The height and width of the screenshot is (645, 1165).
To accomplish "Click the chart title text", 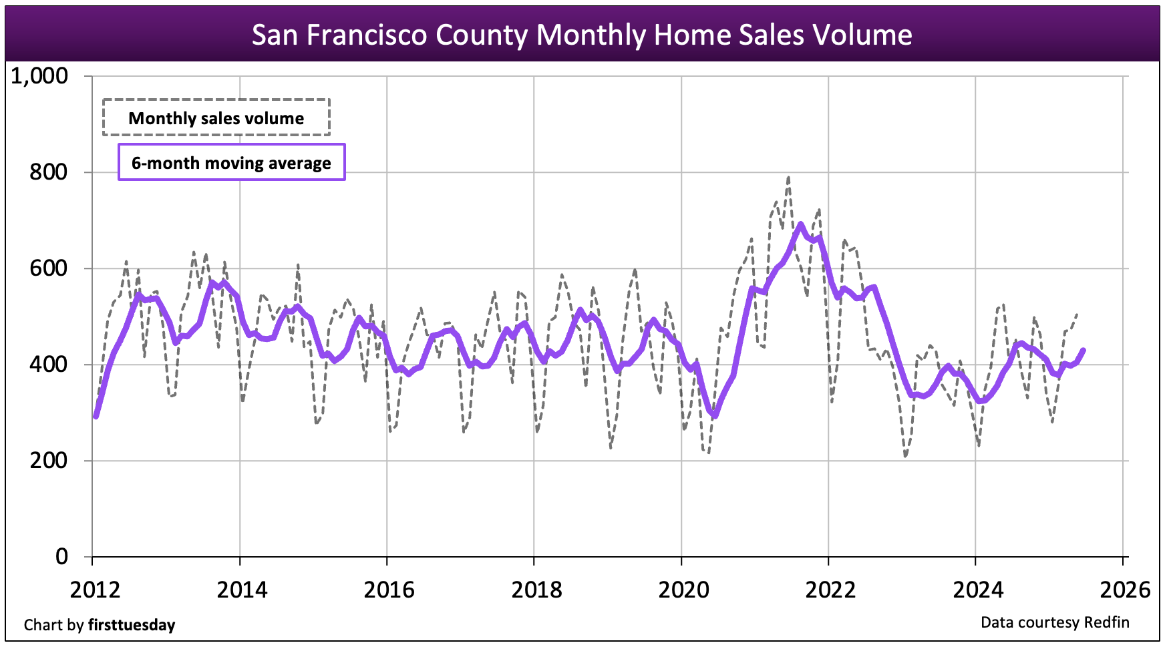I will click(582, 35).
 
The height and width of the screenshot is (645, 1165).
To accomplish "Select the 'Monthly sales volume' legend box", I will click(216, 118).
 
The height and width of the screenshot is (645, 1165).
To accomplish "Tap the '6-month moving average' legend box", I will click(231, 162).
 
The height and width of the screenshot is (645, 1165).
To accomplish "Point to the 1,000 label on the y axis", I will click(39, 76).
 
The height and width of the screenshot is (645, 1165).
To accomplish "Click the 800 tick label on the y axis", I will click(48, 172).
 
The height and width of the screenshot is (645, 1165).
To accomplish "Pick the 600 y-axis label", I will click(48, 268).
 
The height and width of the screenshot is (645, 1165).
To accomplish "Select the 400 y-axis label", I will click(48, 365).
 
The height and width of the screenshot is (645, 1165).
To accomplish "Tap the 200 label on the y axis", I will click(48, 461).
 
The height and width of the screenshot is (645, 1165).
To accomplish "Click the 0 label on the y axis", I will click(61, 557).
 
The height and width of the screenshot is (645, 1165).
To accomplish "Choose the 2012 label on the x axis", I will click(95, 590).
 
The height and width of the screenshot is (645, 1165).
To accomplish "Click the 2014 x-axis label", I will click(242, 590).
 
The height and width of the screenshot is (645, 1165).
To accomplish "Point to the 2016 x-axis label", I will click(389, 590).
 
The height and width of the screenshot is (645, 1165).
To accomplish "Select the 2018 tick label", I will click(536, 590).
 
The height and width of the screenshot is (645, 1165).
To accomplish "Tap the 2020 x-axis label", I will click(683, 590).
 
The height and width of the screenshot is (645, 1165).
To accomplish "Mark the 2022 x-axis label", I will click(830, 590).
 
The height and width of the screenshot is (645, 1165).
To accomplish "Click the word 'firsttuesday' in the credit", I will click(132, 625).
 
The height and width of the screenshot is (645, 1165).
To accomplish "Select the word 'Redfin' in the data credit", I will click(1106, 622).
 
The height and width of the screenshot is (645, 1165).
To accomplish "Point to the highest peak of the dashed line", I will click(788, 178).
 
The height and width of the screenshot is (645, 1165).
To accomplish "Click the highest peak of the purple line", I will click(800, 224).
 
